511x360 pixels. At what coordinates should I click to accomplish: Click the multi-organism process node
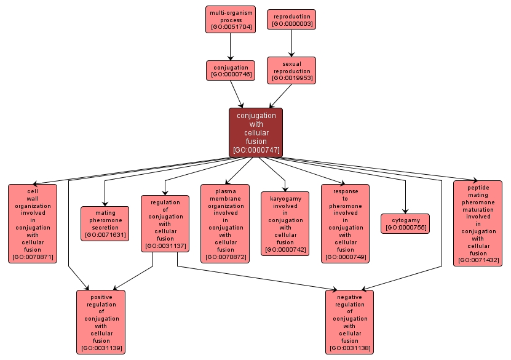click(x=230, y=19)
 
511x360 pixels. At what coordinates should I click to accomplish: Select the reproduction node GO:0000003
click(x=291, y=19)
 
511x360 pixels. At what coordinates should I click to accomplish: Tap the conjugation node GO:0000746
click(x=231, y=70)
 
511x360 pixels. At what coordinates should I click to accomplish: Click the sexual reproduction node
click(x=291, y=70)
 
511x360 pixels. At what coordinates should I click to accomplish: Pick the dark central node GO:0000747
click(x=256, y=132)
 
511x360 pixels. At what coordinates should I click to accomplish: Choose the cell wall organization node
click(x=33, y=223)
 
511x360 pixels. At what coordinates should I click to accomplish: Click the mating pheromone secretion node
click(x=105, y=223)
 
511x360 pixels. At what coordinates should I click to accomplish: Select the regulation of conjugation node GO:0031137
click(x=165, y=223)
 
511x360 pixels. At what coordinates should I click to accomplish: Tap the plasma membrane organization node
click(x=225, y=223)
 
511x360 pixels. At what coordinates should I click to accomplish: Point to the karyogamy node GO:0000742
click(x=285, y=223)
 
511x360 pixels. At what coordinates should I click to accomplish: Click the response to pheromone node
click(x=346, y=223)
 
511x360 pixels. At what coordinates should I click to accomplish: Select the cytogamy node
click(x=405, y=223)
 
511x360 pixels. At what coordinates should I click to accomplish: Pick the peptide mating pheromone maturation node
click(x=478, y=223)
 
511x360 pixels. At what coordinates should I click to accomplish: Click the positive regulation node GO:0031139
click(x=101, y=322)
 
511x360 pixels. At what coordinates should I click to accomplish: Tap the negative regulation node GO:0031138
click(x=349, y=322)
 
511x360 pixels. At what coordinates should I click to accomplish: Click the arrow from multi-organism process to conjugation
click(x=230, y=47)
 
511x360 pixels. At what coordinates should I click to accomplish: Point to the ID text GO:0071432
click(x=478, y=261)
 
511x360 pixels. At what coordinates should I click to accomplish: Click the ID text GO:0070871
click(x=33, y=257)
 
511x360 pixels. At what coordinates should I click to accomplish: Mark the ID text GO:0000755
click(x=405, y=228)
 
